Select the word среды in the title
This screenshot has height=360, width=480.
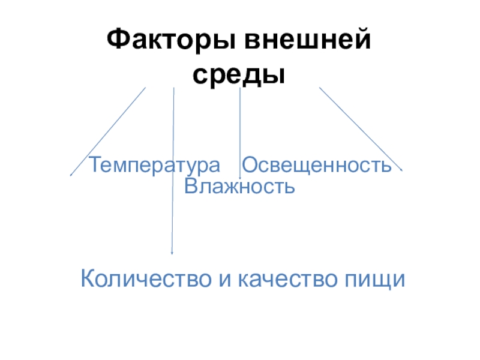pyautogui.click(x=238, y=74)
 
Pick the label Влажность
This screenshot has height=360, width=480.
pyautogui.click(x=239, y=186)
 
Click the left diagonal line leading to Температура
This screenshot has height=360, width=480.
pyautogui.click(x=108, y=131)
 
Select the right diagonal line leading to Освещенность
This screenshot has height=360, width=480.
pyautogui.click(x=360, y=128)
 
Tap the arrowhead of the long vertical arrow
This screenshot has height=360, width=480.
pyautogui.click(x=172, y=252)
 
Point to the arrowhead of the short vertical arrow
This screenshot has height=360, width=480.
pyautogui.click(x=240, y=176)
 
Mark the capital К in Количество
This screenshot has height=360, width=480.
pyautogui.click(x=87, y=279)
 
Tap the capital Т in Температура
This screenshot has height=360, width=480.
pyautogui.click(x=95, y=164)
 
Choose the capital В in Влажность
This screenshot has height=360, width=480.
pyautogui.click(x=190, y=186)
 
